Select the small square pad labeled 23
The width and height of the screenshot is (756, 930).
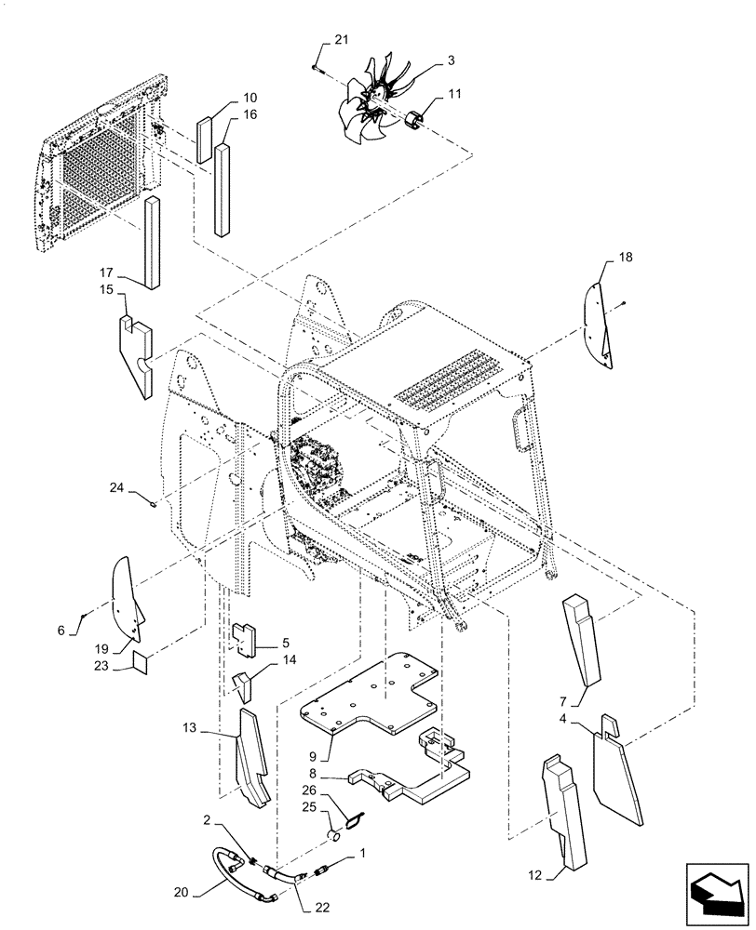click(140, 662)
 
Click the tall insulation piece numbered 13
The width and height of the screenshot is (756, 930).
click(252, 763)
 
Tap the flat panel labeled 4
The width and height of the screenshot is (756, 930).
click(617, 772)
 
